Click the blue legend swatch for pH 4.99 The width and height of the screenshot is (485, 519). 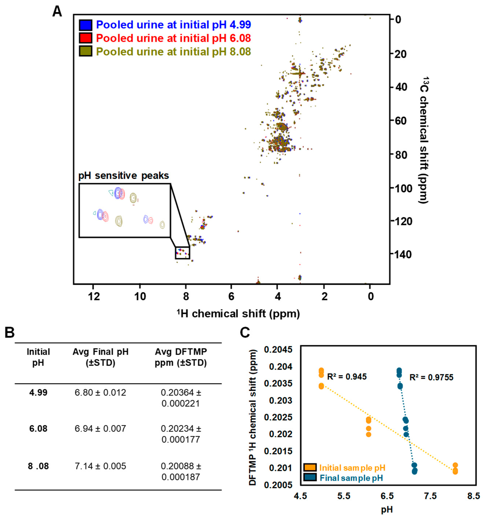click(x=85, y=25)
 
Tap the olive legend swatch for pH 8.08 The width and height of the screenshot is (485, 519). click(x=85, y=51)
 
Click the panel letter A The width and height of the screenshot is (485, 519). click(x=57, y=12)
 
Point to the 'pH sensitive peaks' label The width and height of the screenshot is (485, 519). click(x=124, y=176)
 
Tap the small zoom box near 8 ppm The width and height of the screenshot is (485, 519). click(x=182, y=253)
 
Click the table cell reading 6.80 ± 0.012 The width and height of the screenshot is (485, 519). click(x=100, y=392)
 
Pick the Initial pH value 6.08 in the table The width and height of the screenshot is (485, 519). click(x=38, y=428)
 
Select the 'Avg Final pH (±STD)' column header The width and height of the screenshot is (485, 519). click(x=100, y=357)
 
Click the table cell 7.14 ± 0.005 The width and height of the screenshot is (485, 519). click(x=100, y=466)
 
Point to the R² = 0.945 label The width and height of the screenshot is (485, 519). click(x=347, y=377)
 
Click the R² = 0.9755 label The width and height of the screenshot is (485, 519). click(x=431, y=377)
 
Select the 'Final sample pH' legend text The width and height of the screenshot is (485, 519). click(x=351, y=478)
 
